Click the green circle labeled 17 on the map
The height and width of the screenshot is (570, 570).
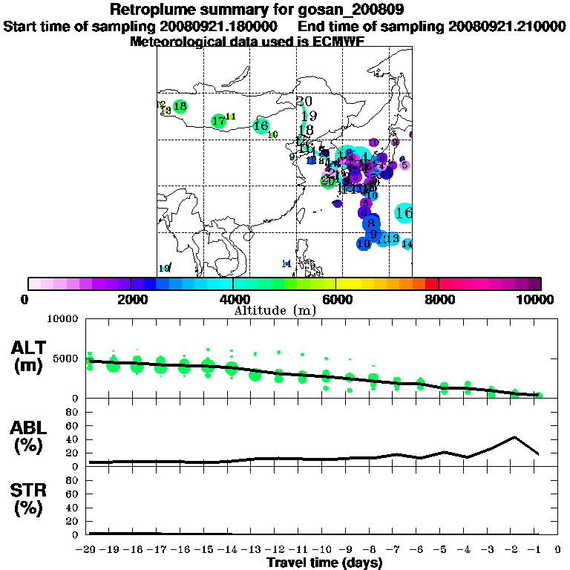coord(218,121)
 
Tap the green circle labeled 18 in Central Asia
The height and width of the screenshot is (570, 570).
coord(180,107)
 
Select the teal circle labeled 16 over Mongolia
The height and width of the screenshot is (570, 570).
coord(261,126)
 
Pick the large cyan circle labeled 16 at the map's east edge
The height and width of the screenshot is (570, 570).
coord(404,213)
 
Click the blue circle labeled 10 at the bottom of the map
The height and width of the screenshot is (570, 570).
coord(364,243)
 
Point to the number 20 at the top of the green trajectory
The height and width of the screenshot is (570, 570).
coord(304,102)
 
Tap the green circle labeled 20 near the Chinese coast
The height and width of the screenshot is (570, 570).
coord(327,180)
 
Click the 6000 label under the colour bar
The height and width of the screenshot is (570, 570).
coord(335,299)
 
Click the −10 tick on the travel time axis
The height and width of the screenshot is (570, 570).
coord(324,550)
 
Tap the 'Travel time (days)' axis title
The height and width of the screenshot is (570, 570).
coord(324,563)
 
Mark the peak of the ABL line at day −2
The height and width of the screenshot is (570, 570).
coord(515,437)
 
